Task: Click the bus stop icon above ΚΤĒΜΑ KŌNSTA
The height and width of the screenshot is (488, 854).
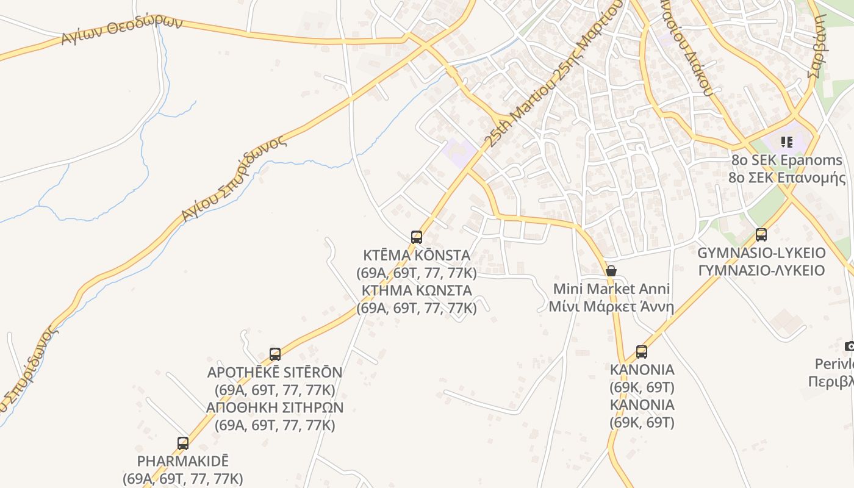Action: [417, 237]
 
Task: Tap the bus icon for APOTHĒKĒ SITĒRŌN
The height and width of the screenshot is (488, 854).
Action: [275, 354]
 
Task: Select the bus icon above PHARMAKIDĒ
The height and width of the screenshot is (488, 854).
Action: [183, 443]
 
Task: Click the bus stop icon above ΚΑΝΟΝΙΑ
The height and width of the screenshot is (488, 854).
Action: [642, 351]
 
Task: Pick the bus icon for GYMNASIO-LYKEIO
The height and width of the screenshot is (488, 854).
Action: [761, 234]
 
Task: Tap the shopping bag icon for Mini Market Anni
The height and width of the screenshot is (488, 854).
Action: [611, 271]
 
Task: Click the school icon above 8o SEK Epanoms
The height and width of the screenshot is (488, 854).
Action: [787, 142]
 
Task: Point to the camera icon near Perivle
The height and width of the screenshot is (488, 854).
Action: [850, 346]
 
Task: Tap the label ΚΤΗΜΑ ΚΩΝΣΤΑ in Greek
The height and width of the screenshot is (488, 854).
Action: [417, 290]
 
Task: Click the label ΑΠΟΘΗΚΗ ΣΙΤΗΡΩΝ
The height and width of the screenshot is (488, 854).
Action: [275, 407]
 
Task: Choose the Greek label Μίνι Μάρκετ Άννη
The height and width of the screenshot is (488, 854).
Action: [611, 306]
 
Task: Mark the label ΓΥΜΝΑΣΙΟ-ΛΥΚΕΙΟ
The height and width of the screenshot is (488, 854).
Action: [761, 270]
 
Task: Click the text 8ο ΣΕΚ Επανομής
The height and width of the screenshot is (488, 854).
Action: [787, 178]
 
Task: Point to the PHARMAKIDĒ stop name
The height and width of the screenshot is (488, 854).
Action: [183, 461]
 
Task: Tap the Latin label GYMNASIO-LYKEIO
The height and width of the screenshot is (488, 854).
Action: [761, 253]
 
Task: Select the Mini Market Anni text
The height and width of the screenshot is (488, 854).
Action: [611, 289]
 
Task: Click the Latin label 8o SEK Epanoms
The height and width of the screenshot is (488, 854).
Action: [787, 160]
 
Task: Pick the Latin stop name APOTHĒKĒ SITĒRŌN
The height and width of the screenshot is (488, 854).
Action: [275, 371]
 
